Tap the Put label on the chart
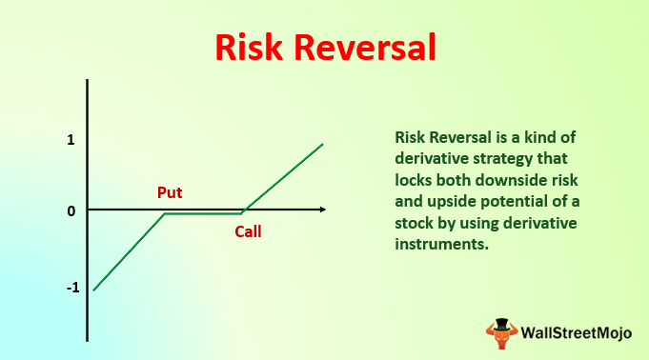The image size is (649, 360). pos(170,192)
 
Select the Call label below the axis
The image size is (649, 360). pos(248,231)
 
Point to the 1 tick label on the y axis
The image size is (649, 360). pos(71,140)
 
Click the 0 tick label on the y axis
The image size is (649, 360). pos(71,210)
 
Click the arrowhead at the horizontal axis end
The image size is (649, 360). pos(322,209)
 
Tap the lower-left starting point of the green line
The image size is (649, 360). pos(93,290)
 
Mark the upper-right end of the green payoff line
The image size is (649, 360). pos(323,144)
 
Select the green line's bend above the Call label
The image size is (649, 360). pos(241,213)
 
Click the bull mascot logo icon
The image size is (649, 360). pos(499,331)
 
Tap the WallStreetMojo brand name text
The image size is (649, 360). pos(576,332)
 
